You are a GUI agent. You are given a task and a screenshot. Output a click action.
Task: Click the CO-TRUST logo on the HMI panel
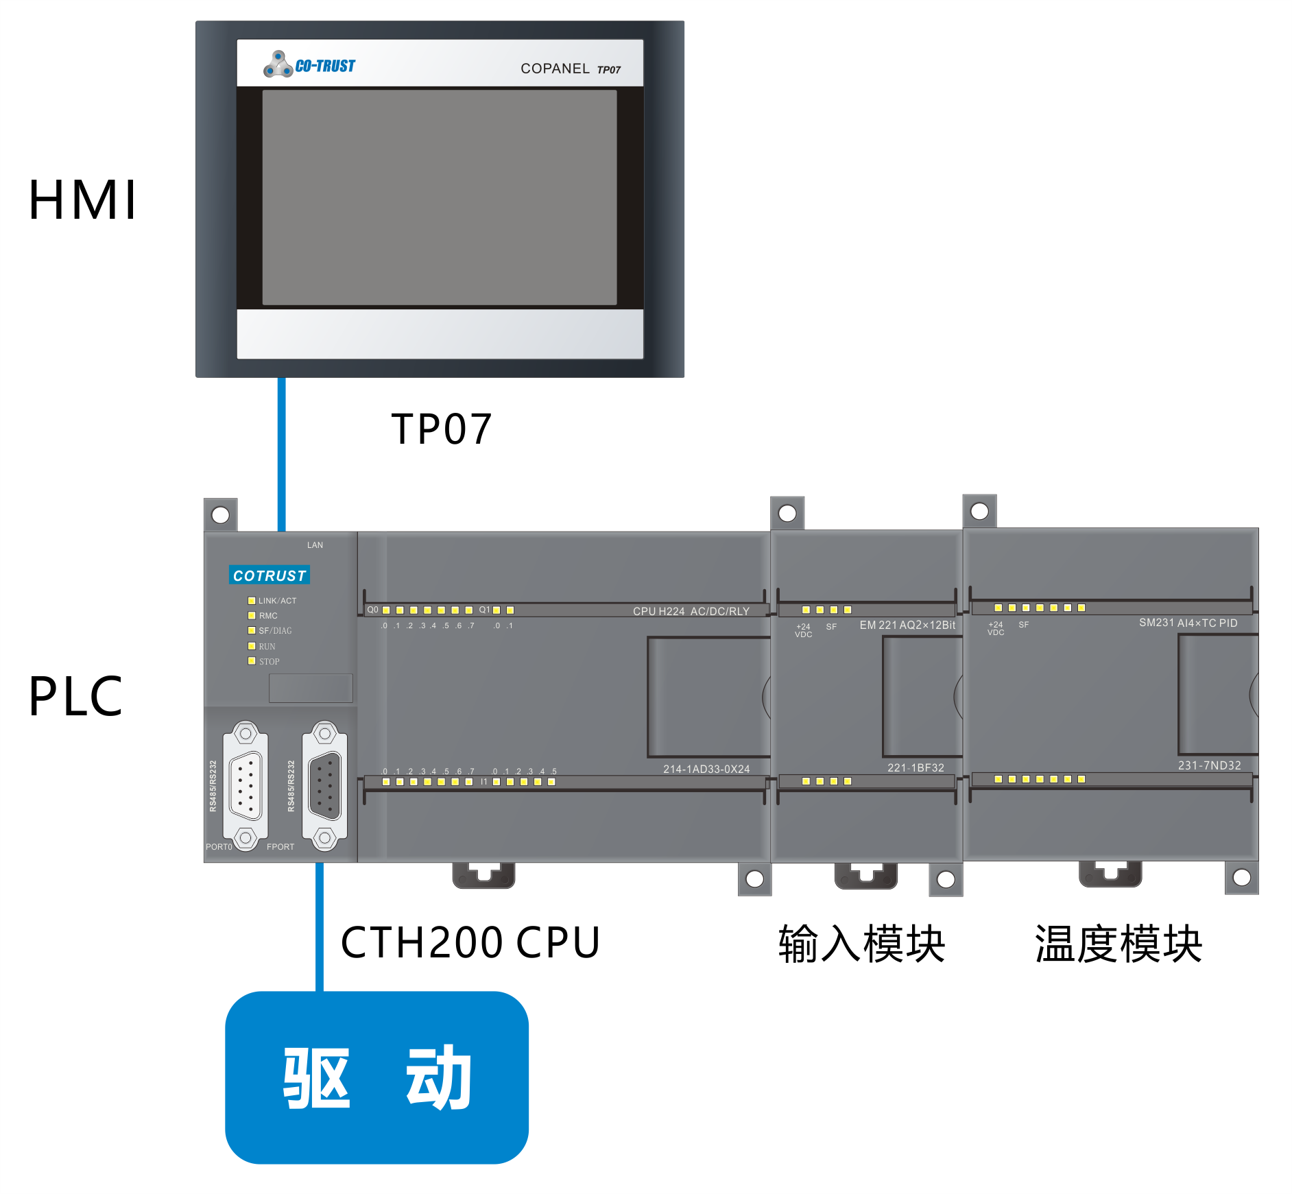309,65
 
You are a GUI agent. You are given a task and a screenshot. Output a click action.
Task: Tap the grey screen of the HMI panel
440,198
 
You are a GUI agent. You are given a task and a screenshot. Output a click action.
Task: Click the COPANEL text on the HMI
555,69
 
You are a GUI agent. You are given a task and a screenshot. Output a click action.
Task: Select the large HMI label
83,200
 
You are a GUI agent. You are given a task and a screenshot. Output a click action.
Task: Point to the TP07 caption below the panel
442,429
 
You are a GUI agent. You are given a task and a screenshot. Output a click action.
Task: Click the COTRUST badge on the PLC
270,575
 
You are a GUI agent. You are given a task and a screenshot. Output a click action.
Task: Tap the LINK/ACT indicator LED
252,601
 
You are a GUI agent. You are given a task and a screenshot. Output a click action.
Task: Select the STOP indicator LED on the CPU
252,661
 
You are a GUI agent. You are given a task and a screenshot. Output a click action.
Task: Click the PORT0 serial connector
246,785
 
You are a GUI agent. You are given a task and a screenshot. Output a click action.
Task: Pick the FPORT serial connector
325,785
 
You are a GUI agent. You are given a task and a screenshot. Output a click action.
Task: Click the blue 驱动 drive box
376,1077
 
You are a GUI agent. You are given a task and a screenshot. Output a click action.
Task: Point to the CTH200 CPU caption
470,942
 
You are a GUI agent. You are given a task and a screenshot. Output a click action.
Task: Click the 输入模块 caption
862,944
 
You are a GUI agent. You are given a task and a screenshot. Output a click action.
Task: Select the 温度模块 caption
1118,944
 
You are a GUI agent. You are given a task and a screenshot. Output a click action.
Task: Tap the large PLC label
75,697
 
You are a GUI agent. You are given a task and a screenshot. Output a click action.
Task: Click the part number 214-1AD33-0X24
706,769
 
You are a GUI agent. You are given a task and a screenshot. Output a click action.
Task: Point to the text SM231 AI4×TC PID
1188,623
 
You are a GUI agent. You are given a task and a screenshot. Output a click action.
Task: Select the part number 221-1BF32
916,767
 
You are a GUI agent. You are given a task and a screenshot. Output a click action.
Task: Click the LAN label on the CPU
315,545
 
